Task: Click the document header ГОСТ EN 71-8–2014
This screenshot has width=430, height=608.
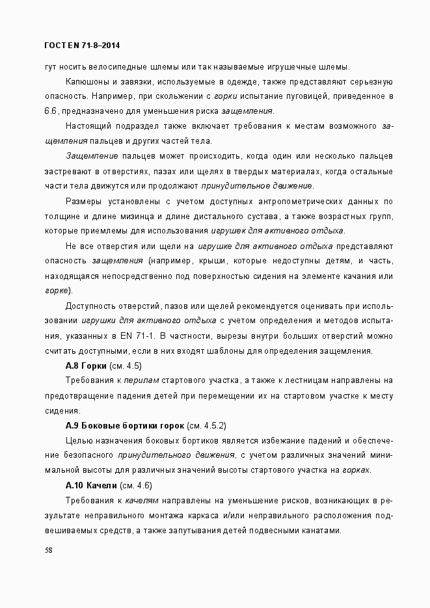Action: tap(81, 46)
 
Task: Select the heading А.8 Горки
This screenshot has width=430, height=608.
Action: tap(87, 366)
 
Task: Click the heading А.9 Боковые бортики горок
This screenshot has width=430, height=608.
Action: tap(125, 426)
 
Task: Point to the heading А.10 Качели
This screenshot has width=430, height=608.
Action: tap(91, 486)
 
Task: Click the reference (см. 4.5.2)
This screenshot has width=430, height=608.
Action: tap(206, 426)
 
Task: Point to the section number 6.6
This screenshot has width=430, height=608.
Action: tap(52, 111)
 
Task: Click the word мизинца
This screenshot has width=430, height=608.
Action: tap(134, 216)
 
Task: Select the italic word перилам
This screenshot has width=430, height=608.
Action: tap(142, 381)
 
